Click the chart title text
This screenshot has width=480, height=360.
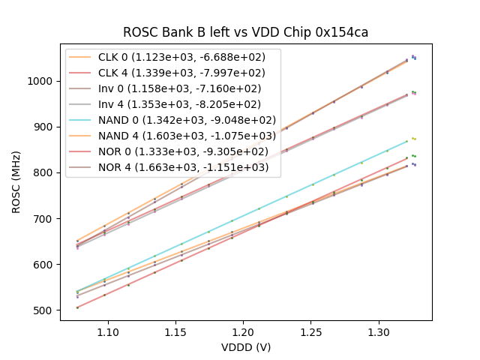pyautogui.click(x=245, y=32)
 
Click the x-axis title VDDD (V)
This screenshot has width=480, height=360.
pyautogui.click(x=245, y=347)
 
